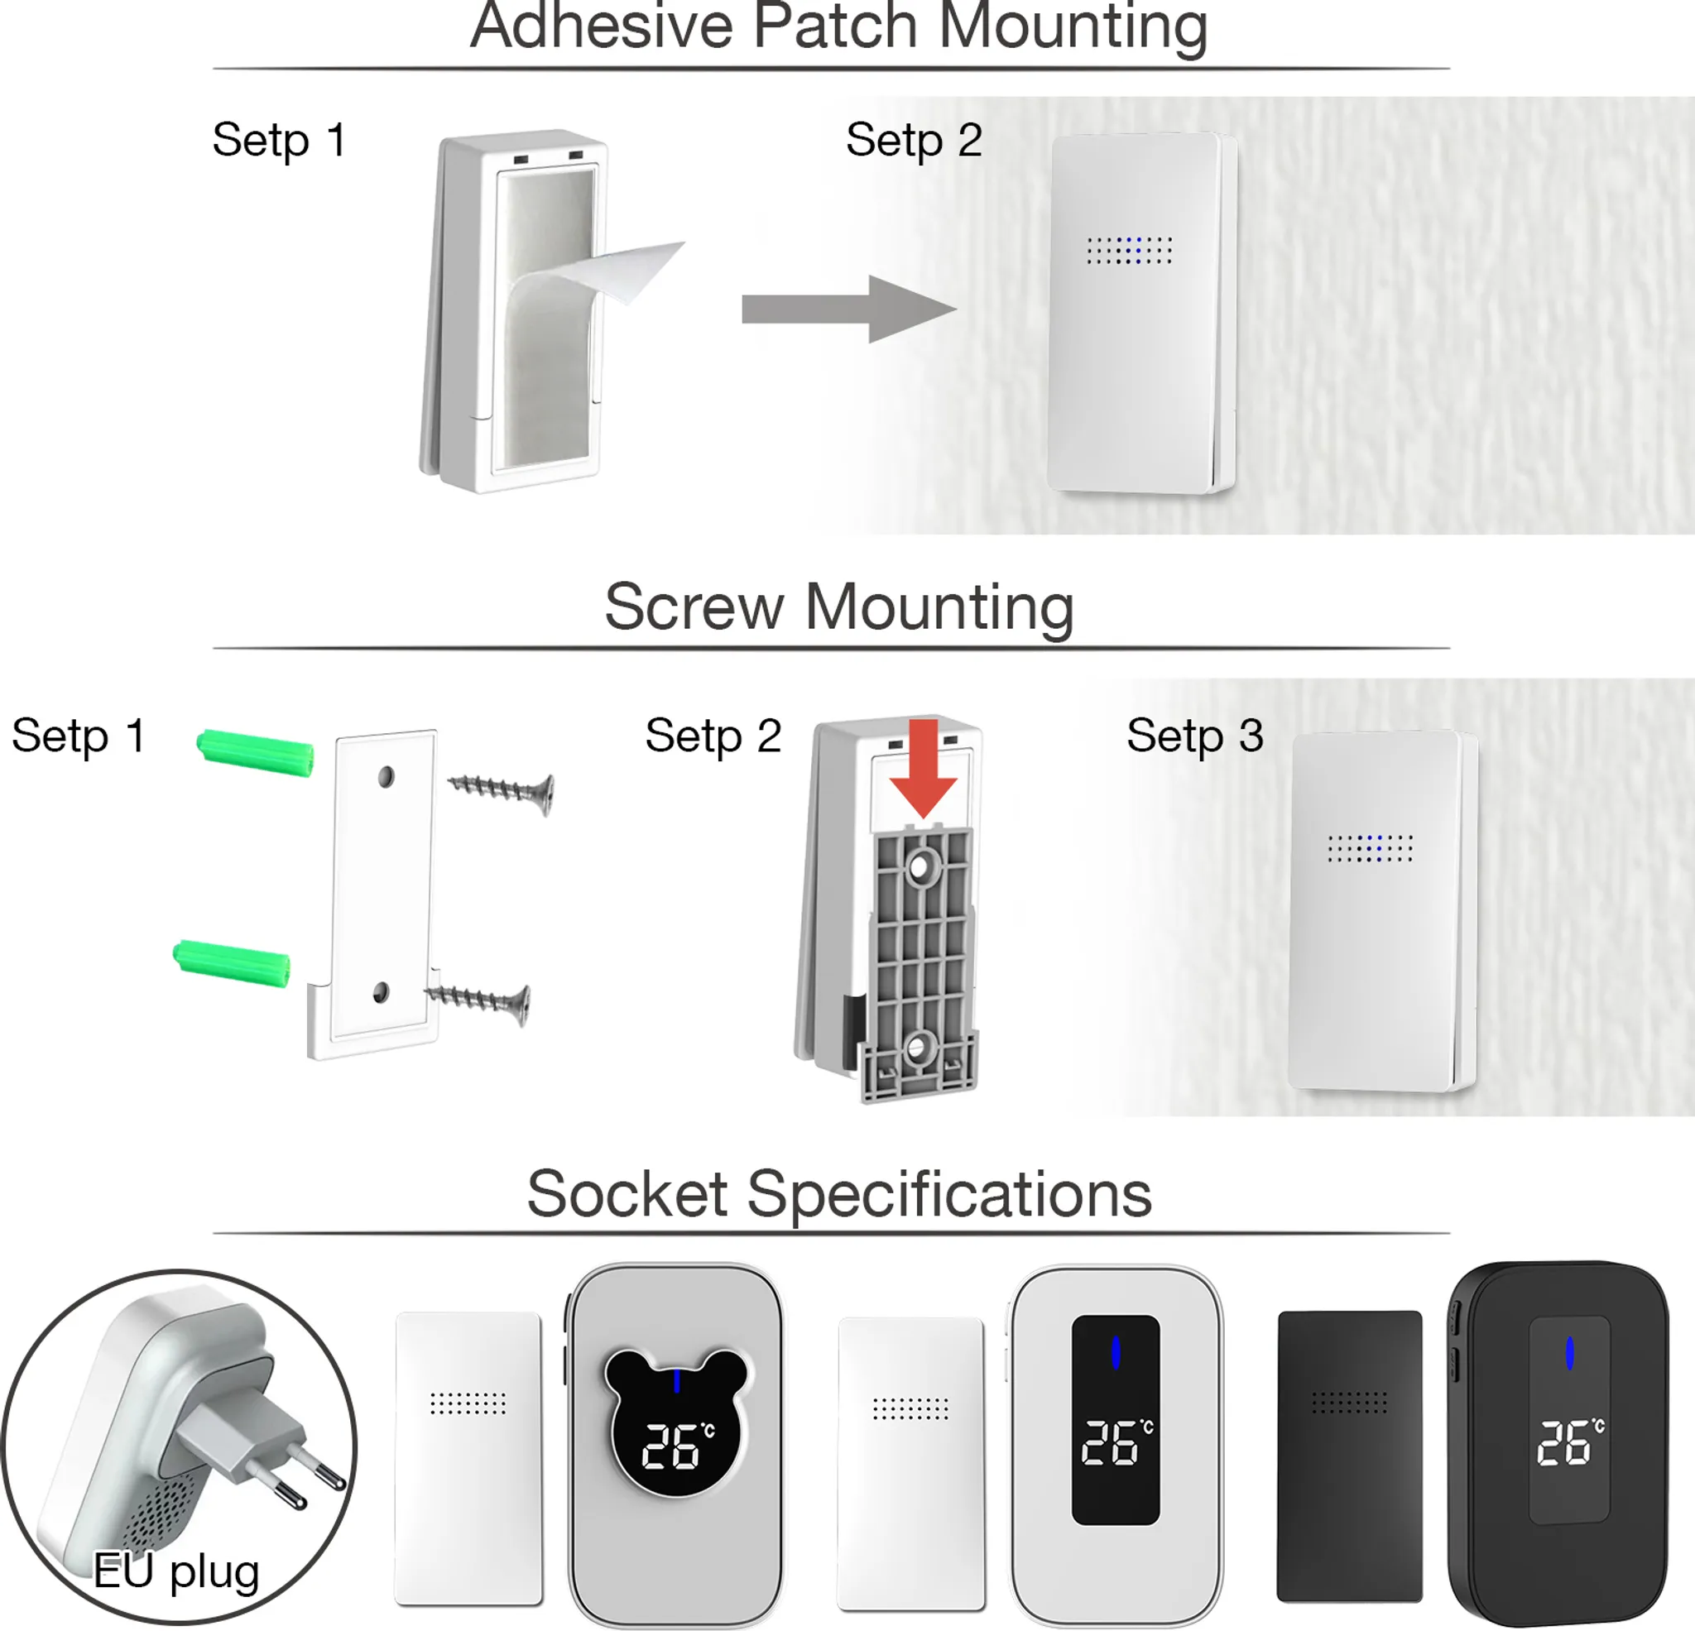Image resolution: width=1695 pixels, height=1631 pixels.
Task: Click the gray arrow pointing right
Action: (849, 309)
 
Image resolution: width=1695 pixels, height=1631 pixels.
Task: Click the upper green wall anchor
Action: (255, 753)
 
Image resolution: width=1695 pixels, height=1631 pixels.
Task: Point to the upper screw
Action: (502, 790)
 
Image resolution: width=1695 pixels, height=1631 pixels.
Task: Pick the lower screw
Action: (478, 1003)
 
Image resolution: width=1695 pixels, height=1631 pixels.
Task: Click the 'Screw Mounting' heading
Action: (839, 608)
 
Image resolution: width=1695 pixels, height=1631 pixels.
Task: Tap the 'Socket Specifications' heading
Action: (839, 1194)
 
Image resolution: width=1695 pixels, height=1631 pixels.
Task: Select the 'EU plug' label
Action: (176, 1571)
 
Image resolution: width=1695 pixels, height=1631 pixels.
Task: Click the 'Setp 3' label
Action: (1194, 736)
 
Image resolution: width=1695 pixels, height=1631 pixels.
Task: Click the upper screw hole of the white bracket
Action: (386, 776)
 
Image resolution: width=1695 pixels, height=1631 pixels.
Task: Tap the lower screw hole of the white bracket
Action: (381, 993)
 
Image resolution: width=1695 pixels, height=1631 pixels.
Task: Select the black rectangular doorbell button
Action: (1349, 1456)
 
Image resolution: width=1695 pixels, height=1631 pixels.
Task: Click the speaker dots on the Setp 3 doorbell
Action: (1370, 848)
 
